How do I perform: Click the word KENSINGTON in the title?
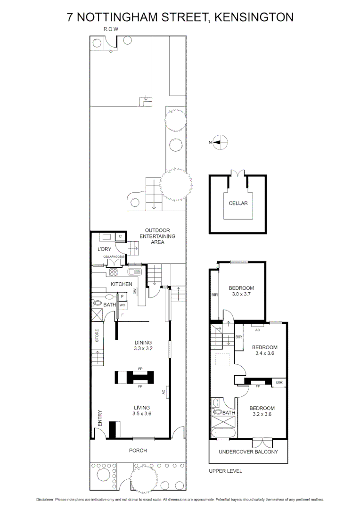pyautogui.click(x=254, y=17)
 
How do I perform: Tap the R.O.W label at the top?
pyautogui.click(x=111, y=30)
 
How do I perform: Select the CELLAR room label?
pyautogui.click(x=238, y=203)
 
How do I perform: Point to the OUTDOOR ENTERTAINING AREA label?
pyautogui.click(x=157, y=236)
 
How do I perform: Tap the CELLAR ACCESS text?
pyautogui.click(x=114, y=256)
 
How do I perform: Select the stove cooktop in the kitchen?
pyautogui.click(x=114, y=271)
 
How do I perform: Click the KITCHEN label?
pyautogui.click(x=121, y=284)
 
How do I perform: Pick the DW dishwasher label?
pyautogui.click(x=135, y=292)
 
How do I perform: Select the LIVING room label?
pyautogui.click(x=141, y=408)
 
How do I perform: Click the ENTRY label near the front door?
pyautogui.click(x=100, y=419)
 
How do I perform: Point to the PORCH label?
pyautogui.click(x=138, y=451)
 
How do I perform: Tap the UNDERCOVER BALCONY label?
pyautogui.click(x=248, y=452)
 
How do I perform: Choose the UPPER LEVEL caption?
pyautogui.click(x=225, y=471)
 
